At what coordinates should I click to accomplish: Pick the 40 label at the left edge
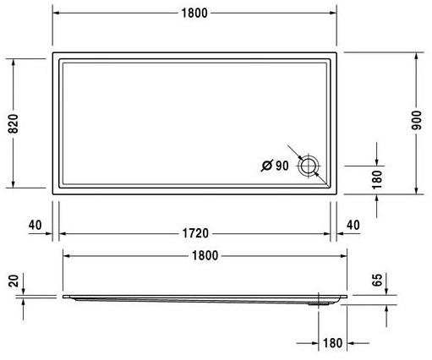(35, 226)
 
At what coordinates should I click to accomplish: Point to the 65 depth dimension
(378, 281)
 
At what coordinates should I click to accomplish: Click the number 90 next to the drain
(282, 166)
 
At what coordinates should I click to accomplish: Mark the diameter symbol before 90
(265, 166)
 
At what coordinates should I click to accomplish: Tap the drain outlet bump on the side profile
(319, 299)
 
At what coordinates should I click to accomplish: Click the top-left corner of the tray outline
(53, 52)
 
